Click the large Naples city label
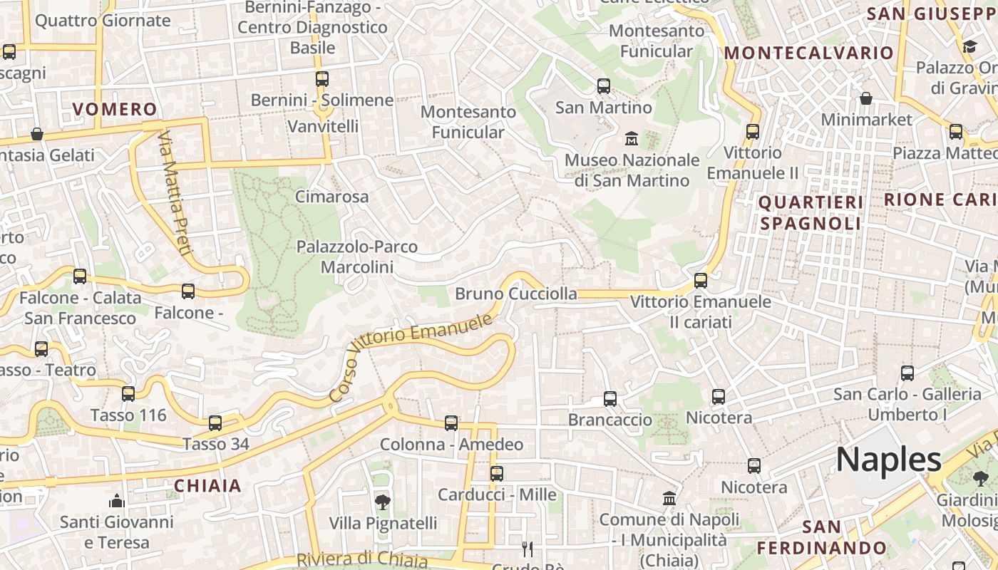[888, 460]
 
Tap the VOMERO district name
[115, 109]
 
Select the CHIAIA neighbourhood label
[208, 486]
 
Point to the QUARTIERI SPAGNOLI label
[811, 212]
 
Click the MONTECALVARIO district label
[808, 53]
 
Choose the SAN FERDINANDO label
[821, 537]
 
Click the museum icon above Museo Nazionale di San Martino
[632, 138]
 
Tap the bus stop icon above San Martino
[604, 86]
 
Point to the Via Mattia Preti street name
[175, 192]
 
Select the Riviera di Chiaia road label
[361, 560]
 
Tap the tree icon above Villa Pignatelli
[383, 502]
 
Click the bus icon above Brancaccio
[610, 399]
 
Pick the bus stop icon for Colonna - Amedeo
[451, 423]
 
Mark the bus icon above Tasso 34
[215, 423]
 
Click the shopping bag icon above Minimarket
[866, 98]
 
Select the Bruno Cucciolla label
[516, 294]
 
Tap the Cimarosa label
[332, 197]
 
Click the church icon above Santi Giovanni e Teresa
[117, 502]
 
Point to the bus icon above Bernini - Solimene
[322, 79]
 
